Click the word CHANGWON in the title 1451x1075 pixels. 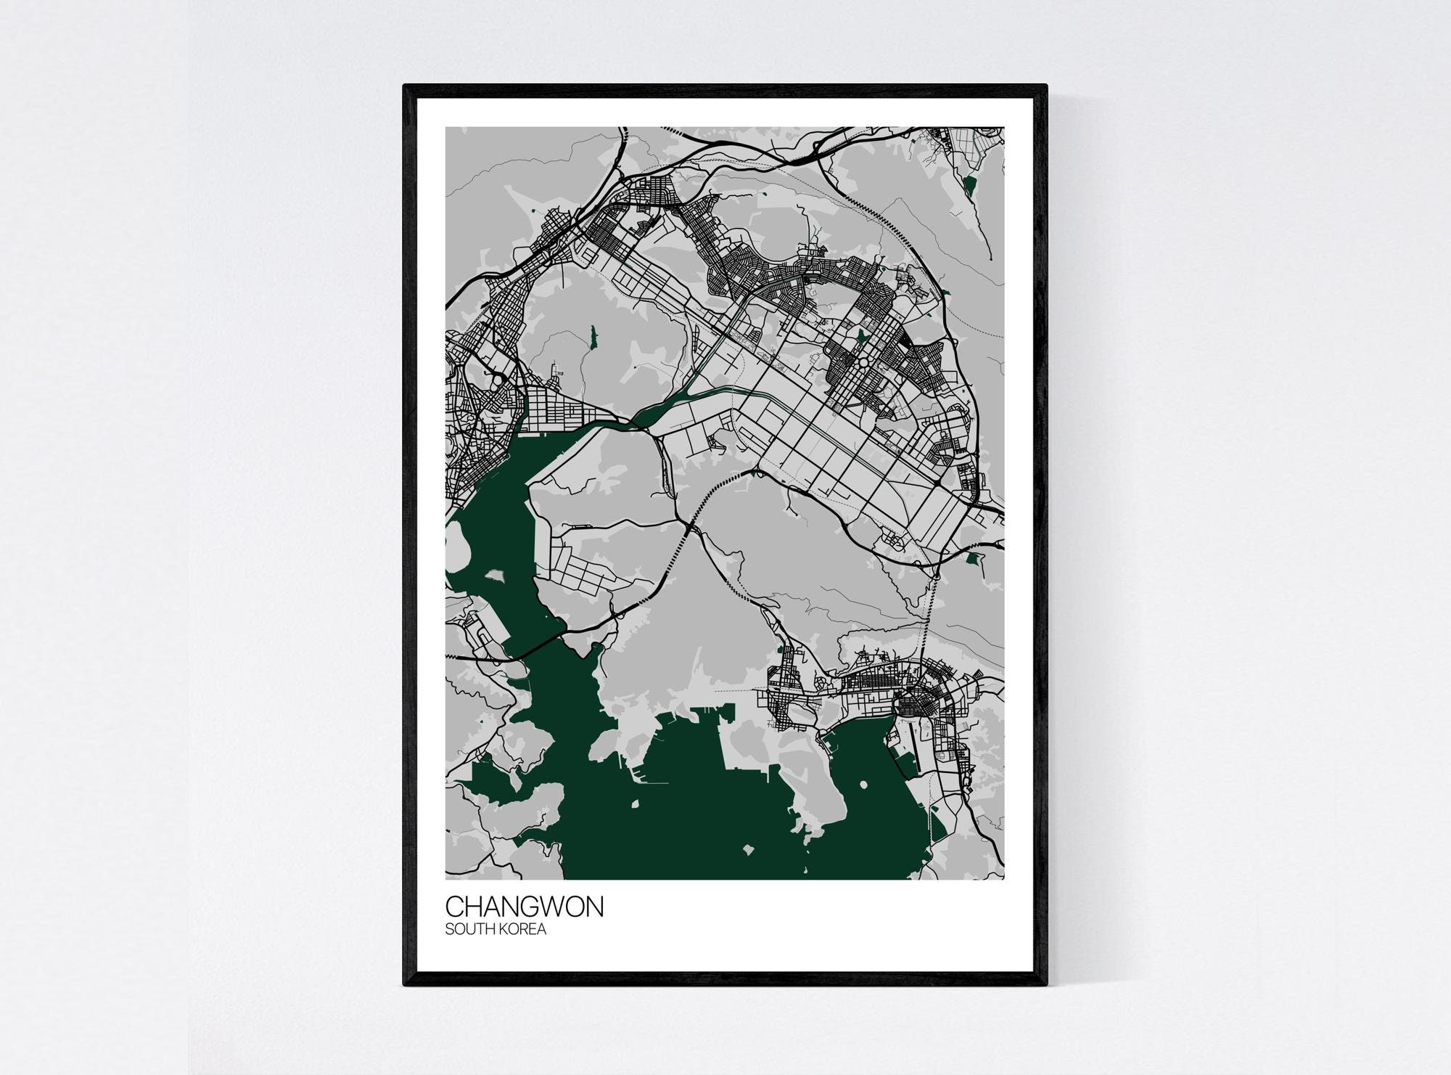(x=524, y=907)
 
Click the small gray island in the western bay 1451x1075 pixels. (x=496, y=576)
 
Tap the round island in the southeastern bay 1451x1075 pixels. (x=863, y=785)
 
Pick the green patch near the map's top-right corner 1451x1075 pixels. (x=971, y=187)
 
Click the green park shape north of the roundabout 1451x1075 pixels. (x=862, y=335)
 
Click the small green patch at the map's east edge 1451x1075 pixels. (x=973, y=558)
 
